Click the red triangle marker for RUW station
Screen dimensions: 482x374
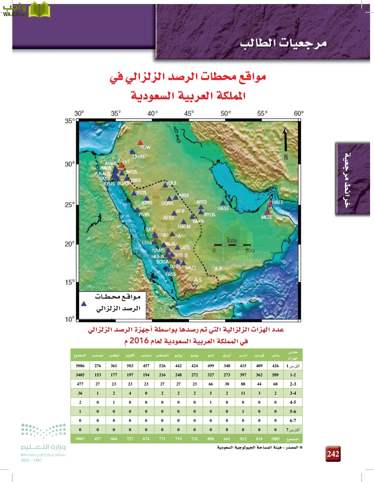click(x=140, y=143)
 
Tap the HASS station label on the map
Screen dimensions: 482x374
click(x=223, y=208)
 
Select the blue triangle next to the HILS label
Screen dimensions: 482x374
click(x=165, y=185)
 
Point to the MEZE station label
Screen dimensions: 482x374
click(x=267, y=217)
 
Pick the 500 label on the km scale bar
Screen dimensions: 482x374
click(x=250, y=251)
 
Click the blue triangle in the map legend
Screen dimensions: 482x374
click(x=84, y=304)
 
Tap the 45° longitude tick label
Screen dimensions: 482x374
click(x=189, y=114)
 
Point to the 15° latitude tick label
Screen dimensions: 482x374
click(x=70, y=282)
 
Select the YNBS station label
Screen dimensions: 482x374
click(x=144, y=214)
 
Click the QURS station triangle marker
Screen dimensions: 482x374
click(x=132, y=152)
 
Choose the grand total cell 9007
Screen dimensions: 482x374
click(x=80, y=439)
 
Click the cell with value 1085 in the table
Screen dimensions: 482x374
click(x=275, y=439)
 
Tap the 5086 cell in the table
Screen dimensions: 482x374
click(x=80, y=366)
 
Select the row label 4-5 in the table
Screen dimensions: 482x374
click(x=293, y=402)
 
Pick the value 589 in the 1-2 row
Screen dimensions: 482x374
click(x=275, y=375)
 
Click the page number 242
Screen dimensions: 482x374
click(x=333, y=454)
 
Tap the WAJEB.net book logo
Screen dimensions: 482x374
click(x=39, y=10)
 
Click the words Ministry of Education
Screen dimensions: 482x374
click(x=43, y=455)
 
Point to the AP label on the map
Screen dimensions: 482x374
click(x=218, y=269)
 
